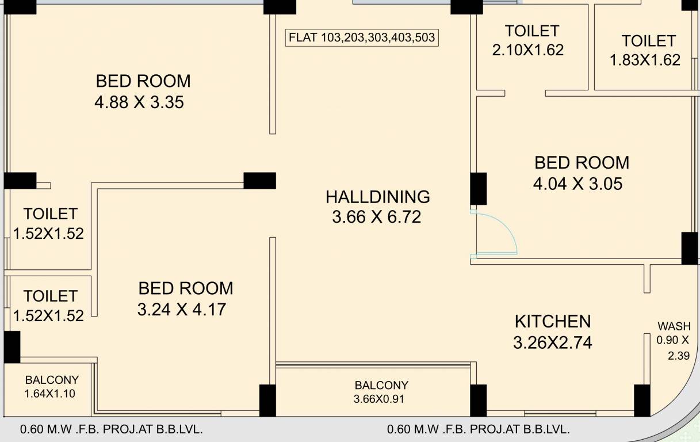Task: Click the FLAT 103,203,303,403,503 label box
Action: [362, 39]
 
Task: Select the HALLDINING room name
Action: [377, 197]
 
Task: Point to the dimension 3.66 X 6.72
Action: [376, 218]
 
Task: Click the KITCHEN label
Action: [552, 321]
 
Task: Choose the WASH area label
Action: [674, 326]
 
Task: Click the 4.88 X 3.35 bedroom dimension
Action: [139, 103]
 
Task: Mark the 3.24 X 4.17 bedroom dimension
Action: [182, 310]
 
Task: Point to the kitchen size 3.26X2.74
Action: [552, 343]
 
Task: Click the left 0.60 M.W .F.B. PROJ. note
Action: [111, 429]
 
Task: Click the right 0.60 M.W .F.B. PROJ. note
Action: [478, 429]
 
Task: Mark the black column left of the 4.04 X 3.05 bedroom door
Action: [479, 189]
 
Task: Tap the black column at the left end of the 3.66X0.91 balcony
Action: [267, 401]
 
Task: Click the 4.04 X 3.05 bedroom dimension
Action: [577, 184]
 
